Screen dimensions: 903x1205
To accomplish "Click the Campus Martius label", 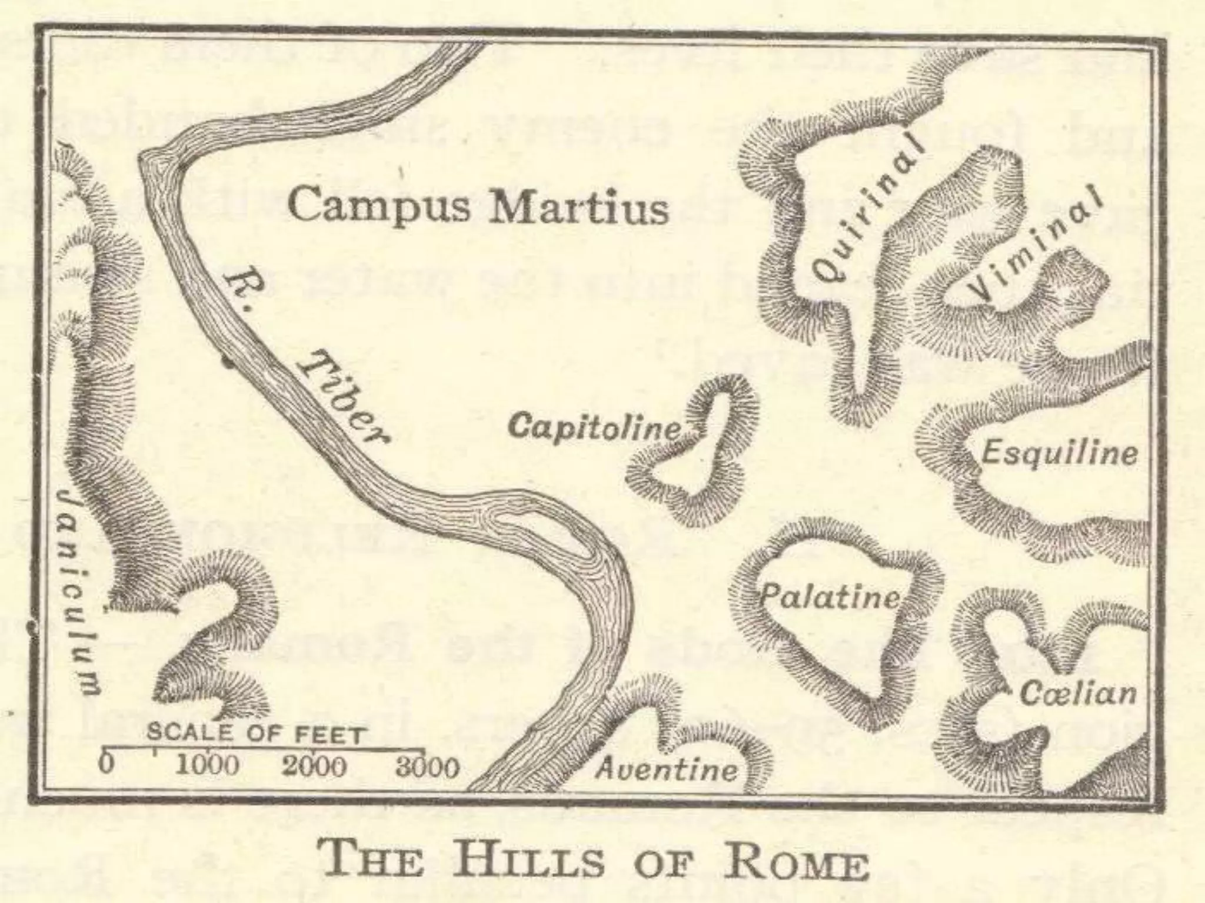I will [x=478, y=206].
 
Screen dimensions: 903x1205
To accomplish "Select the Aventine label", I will [x=667, y=768].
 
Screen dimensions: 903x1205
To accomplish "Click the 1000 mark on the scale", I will [x=208, y=766].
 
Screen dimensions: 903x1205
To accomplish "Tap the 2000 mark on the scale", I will [x=314, y=766].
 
